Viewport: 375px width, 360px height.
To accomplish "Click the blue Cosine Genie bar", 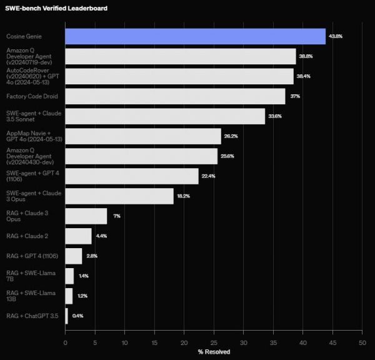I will click(x=195, y=36).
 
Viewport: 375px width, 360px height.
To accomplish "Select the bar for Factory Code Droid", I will click(x=175, y=96).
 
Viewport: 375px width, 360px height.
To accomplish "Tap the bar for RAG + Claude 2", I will click(x=78, y=236).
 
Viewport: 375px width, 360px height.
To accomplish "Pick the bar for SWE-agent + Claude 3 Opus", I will click(x=119, y=196).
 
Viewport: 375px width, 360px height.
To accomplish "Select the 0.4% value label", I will click(x=77, y=316).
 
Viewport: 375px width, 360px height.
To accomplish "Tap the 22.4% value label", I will click(x=209, y=176).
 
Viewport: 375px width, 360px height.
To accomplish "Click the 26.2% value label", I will click(x=232, y=136).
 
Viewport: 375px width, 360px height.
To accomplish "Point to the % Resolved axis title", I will click(x=214, y=352).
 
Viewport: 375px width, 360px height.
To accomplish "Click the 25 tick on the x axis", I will click(x=214, y=342).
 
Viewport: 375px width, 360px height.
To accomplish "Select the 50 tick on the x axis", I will click(x=362, y=342).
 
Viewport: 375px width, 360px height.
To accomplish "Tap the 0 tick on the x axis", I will click(x=66, y=342).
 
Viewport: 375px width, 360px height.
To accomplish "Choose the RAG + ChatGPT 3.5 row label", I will click(x=32, y=316).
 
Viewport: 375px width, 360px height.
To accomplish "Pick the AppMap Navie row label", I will click(x=32, y=136).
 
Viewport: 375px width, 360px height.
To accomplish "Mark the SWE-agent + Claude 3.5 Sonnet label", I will click(x=34, y=116).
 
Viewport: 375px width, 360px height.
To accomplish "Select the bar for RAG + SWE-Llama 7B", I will click(x=69, y=276).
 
